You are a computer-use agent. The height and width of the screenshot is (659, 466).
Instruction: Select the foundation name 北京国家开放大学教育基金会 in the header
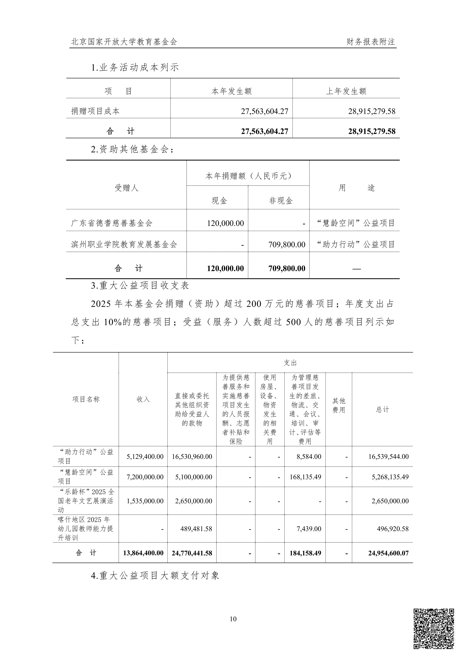(124, 42)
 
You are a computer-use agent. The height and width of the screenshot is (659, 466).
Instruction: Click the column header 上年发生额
(346, 91)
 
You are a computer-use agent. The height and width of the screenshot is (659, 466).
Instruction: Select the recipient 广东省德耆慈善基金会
(112, 223)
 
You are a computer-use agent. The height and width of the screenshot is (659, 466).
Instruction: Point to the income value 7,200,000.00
(145, 477)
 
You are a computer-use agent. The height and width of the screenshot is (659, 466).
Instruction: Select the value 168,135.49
(305, 477)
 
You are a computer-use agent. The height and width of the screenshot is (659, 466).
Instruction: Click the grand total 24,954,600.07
(388, 553)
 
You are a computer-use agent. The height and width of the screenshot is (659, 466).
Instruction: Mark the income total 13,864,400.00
(143, 553)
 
